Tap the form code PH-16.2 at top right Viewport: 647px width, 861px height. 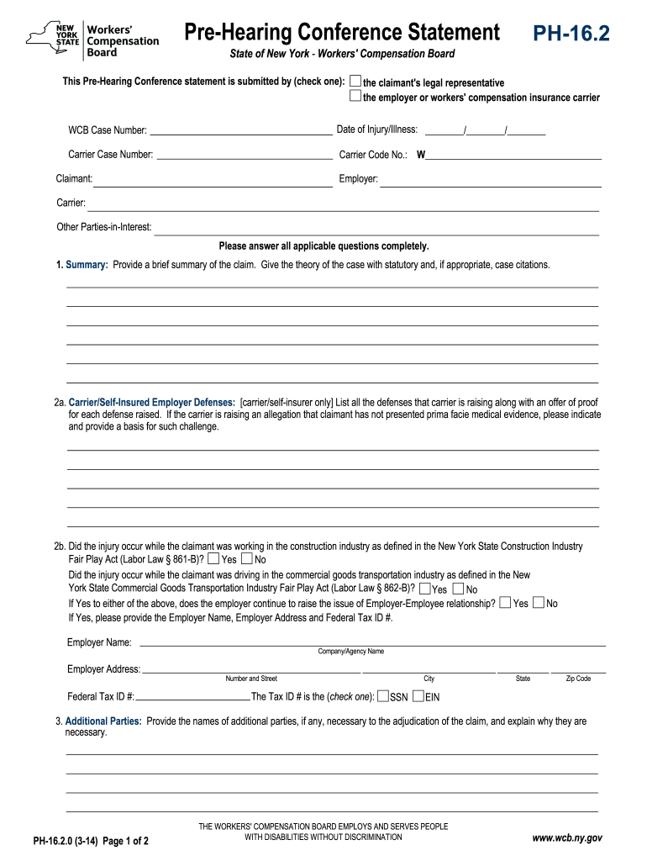pyautogui.click(x=571, y=34)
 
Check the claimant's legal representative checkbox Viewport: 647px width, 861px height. pyautogui.click(x=355, y=82)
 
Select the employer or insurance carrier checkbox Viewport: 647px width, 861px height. pyautogui.click(x=355, y=97)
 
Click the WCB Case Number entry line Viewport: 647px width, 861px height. pyautogui.click(x=240, y=129)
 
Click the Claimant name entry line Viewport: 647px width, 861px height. pyautogui.click(x=213, y=179)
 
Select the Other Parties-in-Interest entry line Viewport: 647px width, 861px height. pyautogui.click(x=376, y=227)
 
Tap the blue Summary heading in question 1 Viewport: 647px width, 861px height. pyautogui.click(x=87, y=265)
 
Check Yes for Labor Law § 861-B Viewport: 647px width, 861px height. pyautogui.click(x=213, y=558)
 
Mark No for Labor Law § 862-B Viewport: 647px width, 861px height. pyautogui.click(x=458, y=589)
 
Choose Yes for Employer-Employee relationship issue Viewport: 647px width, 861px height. pyautogui.click(x=504, y=603)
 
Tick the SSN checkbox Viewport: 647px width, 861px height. pyautogui.click(x=383, y=696)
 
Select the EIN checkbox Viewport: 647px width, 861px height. pyautogui.click(x=418, y=696)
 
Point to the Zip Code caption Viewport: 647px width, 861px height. pyautogui.click(x=578, y=679)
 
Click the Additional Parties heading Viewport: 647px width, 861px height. pyautogui.click(x=103, y=721)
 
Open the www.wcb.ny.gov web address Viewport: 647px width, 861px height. pyautogui.click(x=567, y=837)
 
